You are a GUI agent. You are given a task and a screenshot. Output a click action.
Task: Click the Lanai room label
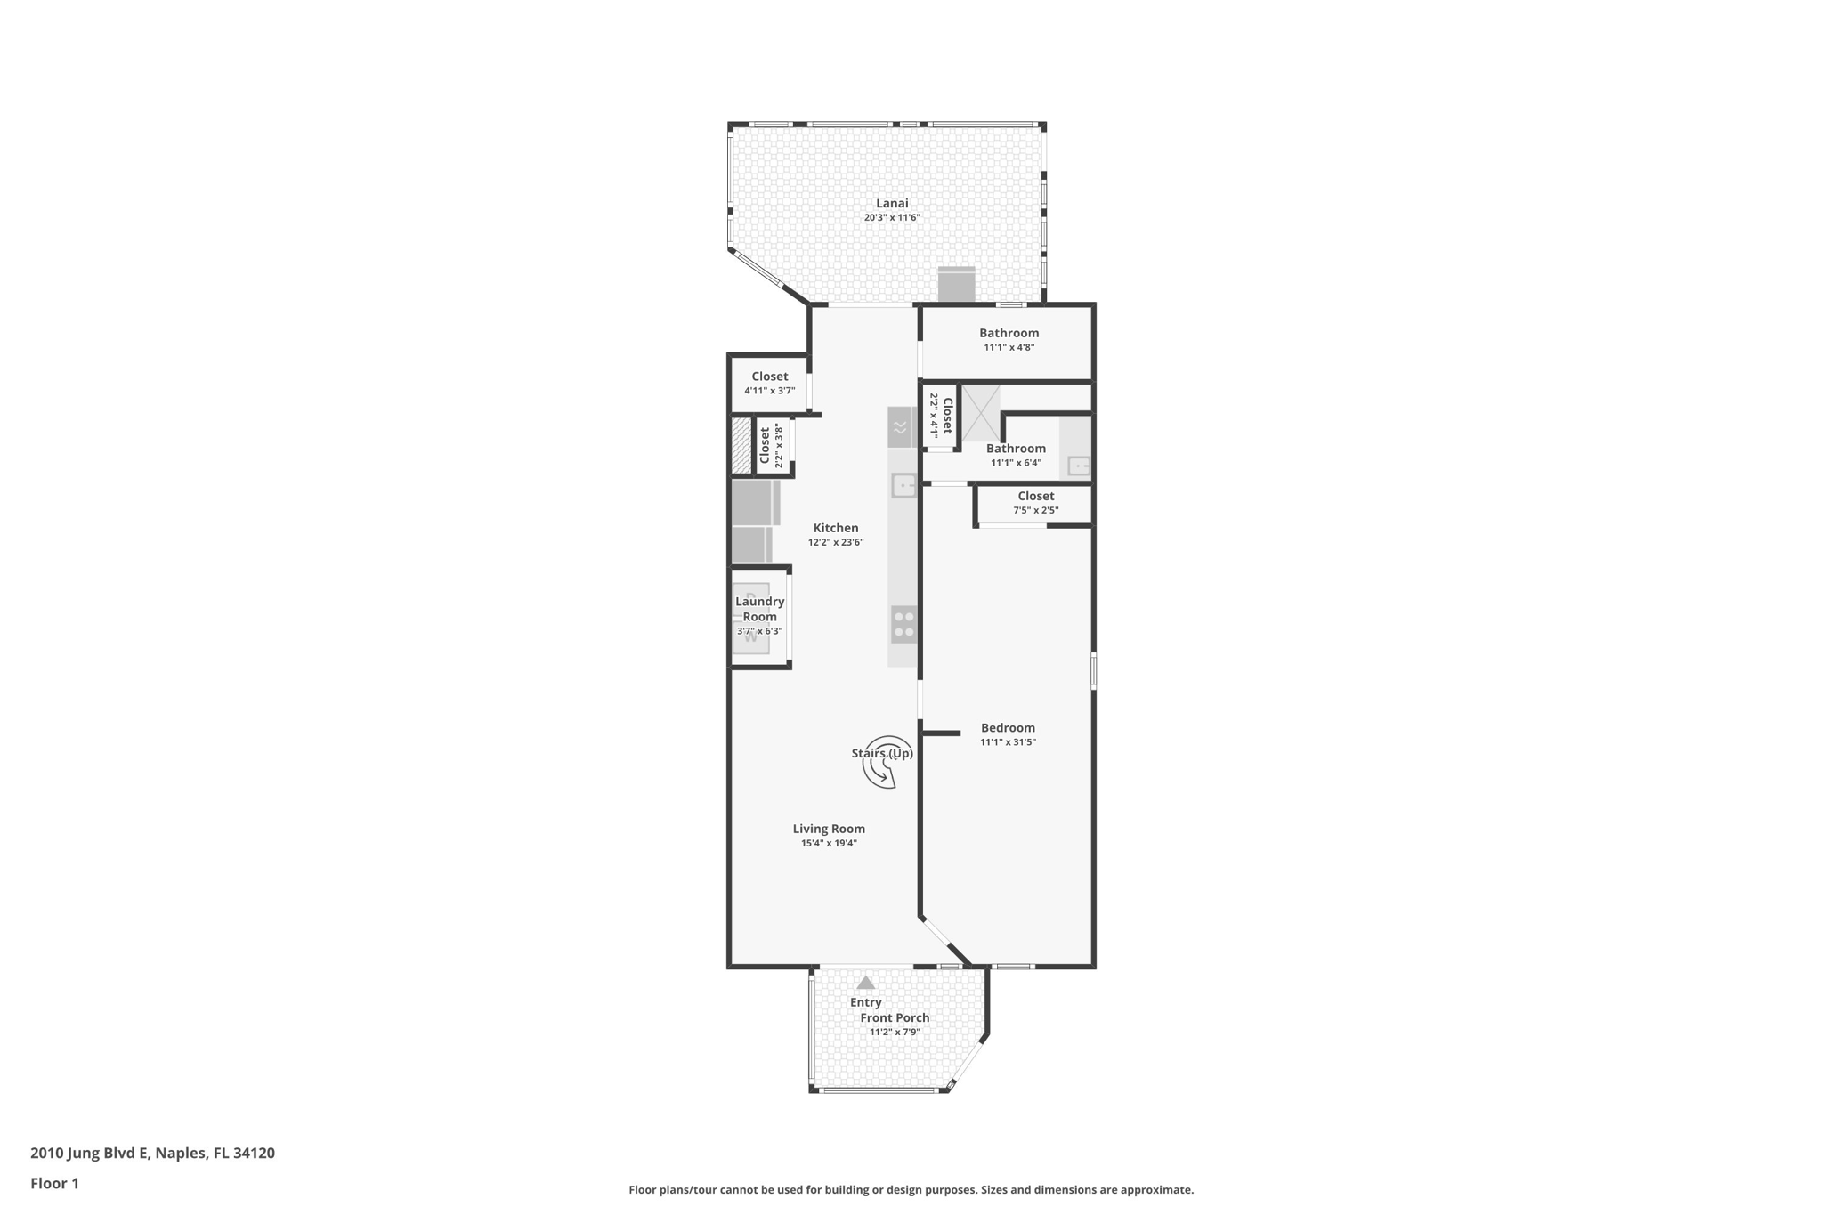tap(891, 203)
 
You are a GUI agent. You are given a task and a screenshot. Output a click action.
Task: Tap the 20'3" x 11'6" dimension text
tap(891, 218)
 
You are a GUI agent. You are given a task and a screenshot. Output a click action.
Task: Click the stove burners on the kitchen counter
tap(903, 623)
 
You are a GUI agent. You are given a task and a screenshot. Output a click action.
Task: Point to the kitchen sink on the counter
tap(903, 485)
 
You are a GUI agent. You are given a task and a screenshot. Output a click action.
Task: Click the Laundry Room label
tap(759, 609)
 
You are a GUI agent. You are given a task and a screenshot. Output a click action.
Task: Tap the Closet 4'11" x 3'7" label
tap(769, 377)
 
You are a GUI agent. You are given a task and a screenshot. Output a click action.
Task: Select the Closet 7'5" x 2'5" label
tap(1035, 497)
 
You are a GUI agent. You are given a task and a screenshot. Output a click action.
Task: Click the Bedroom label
tap(1008, 728)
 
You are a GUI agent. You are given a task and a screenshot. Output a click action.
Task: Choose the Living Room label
tap(829, 829)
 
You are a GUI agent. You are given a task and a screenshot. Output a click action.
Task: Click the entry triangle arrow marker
tap(865, 983)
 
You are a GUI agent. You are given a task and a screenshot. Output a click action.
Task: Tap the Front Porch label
tap(895, 1017)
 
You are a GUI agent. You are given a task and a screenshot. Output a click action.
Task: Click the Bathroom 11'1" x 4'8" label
tap(1009, 333)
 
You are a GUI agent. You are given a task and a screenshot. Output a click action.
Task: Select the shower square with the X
tap(980, 413)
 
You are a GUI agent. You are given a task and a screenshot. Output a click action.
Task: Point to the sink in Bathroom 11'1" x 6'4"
tap(1078, 466)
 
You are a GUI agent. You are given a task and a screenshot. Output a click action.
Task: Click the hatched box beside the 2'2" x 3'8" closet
tap(741, 445)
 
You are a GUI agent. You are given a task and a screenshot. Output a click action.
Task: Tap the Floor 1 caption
tap(54, 1184)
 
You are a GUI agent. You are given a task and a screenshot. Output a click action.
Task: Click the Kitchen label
tap(835, 528)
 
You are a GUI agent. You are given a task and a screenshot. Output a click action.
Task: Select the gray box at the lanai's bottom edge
tap(956, 285)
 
